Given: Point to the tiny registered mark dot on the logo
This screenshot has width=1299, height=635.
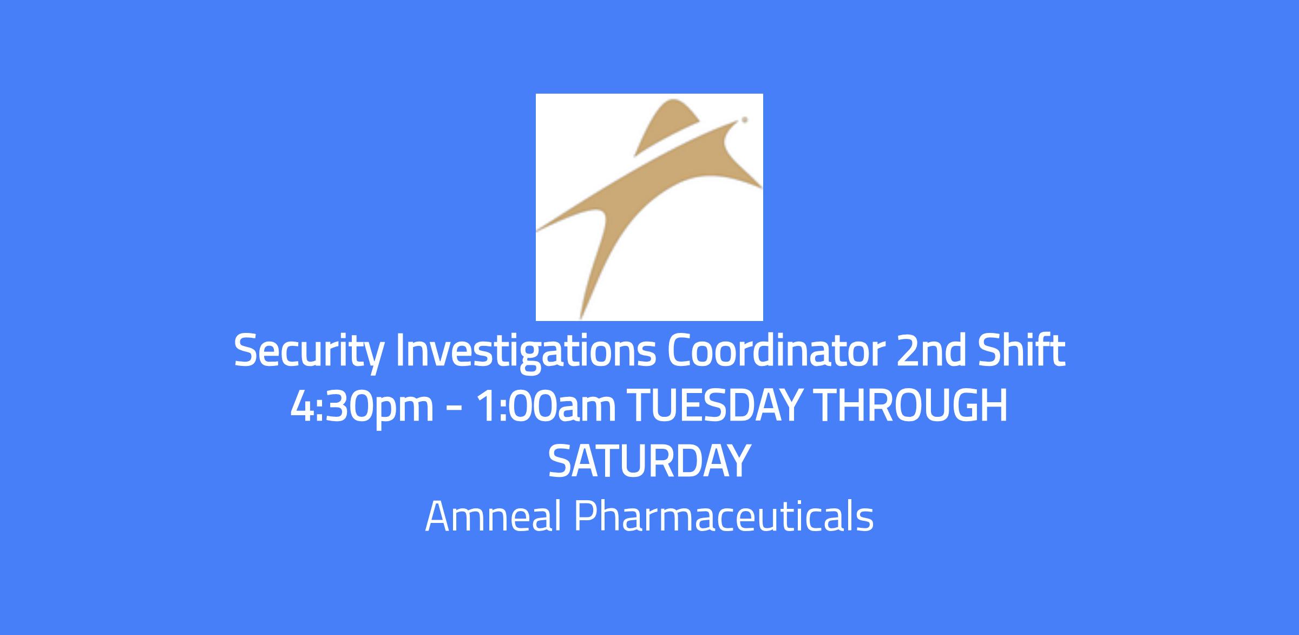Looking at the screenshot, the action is [x=745, y=120].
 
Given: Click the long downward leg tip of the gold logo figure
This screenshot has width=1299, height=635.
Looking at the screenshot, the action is [x=581, y=317].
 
